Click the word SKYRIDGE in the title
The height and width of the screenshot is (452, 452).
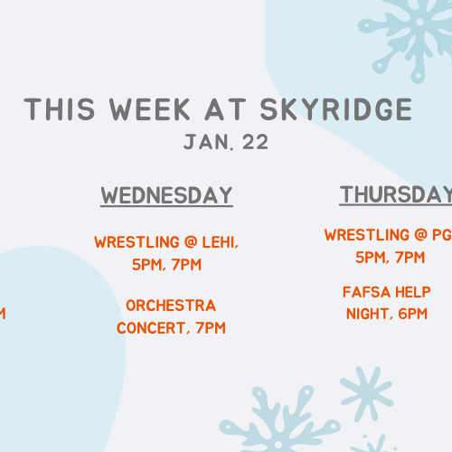[x=336, y=109]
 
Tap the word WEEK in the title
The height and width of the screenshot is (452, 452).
[x=149, y=109]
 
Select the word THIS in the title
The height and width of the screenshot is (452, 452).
[x=60, y=109]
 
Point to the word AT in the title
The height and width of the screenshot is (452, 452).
[x=225, y=109]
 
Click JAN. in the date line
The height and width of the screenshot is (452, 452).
[x=209, y=142]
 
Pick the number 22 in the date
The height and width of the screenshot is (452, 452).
[x=255, y=142]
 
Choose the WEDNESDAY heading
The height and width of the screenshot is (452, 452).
[x=166, y=195]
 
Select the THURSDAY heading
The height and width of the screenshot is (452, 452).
[x=396, y=194]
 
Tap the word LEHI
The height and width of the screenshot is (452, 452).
[x=221, y=242]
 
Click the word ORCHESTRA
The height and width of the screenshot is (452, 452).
[x=171, y=306]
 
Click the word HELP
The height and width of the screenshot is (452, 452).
[x=413, y=292]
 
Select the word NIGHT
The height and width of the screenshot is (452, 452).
[x=370, y=314]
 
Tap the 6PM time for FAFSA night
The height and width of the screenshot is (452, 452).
[x=413, y=314]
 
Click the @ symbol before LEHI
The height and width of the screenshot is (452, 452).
[x=191, y=242]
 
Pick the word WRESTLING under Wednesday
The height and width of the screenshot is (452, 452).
[x=137, y=242]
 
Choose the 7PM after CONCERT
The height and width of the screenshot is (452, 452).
[x=211, y=328]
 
